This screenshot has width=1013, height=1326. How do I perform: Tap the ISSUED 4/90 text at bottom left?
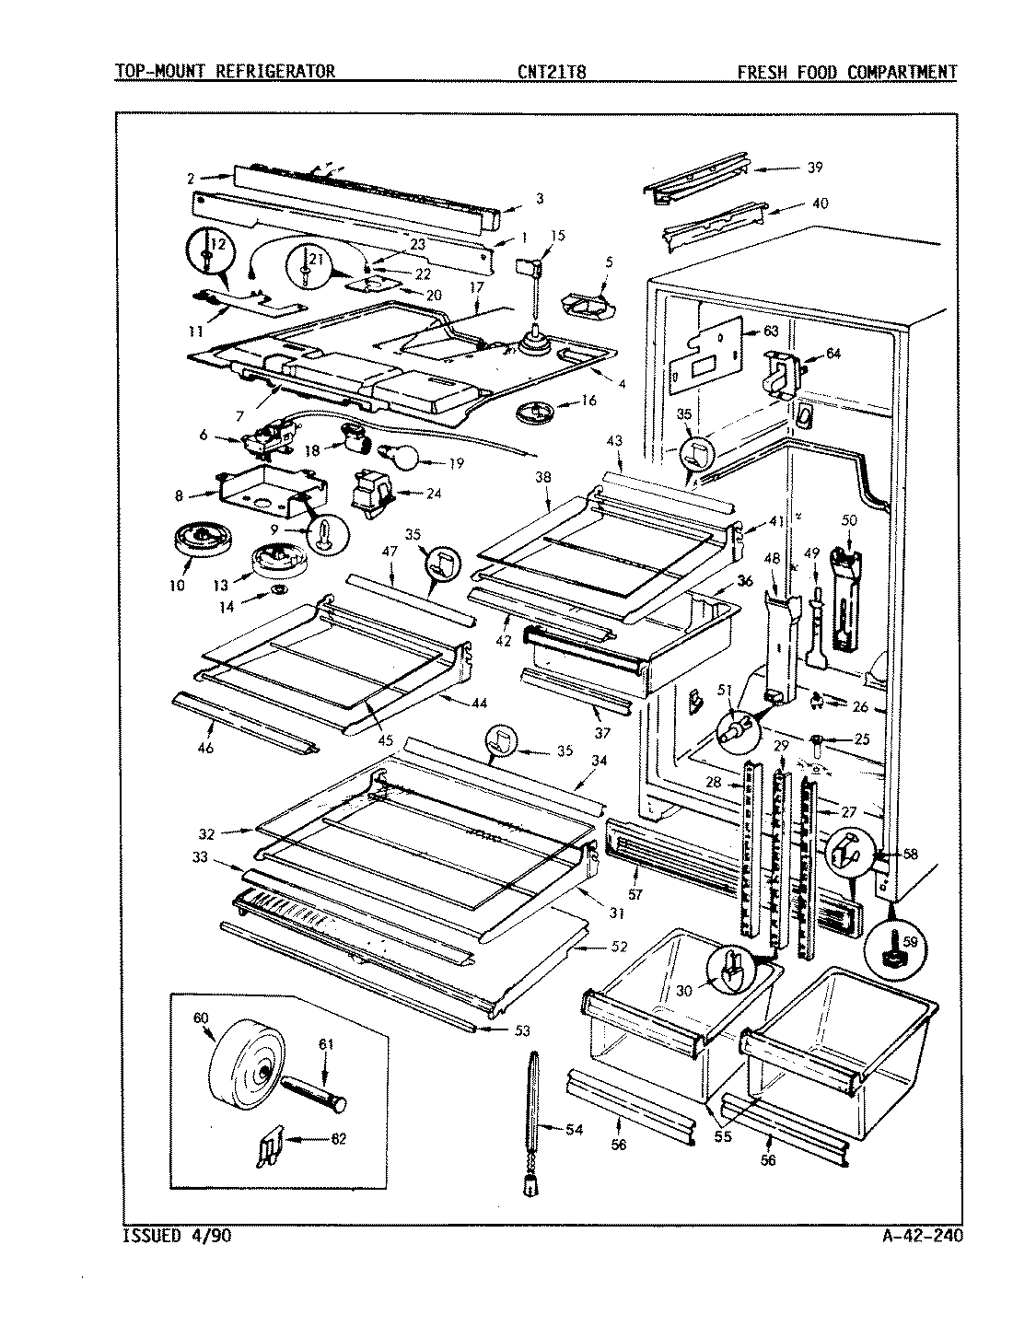tap(176, 1236)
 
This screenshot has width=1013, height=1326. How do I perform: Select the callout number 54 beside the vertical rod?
tap(574, 1130)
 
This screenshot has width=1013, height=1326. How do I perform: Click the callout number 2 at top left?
tap(191, 178)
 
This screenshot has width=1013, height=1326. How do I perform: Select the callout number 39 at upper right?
tap(814, 168)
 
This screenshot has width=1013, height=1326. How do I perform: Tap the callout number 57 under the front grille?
tap(635, 893)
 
